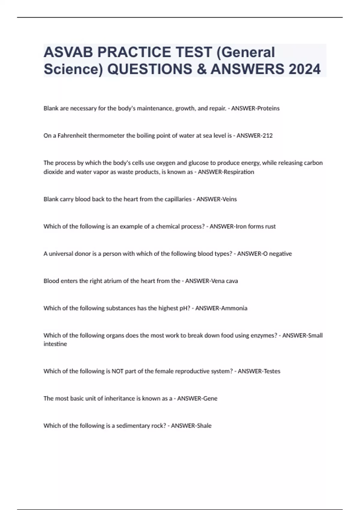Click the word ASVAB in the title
[68, 52]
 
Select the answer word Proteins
[268, 108]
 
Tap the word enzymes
[264, 335]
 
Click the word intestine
[55, 344]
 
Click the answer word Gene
[210, 398]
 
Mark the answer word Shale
[204, 426]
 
